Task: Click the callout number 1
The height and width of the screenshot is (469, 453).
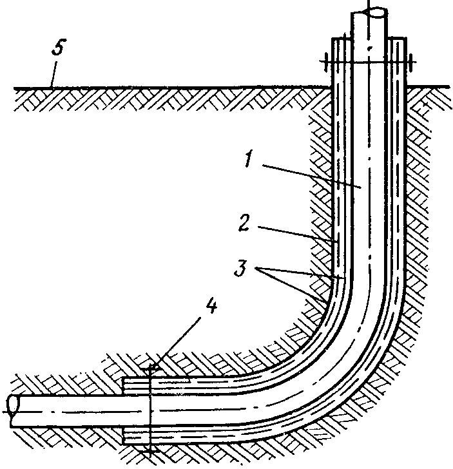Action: click(248, 159)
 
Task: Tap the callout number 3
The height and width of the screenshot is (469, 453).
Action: click(241, 268)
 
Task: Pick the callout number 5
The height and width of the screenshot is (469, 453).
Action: click(59, 47)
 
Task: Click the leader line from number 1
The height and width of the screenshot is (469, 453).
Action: click(312, 176)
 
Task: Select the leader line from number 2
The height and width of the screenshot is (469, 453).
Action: click(298, 234)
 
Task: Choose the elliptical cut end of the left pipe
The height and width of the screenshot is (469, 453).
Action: click(13, 405)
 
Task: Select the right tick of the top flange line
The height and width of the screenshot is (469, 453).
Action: click(411, 62)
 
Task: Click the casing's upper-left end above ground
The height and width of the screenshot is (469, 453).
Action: click(341, 38)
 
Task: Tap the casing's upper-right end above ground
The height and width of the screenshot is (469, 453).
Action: click(398, 38)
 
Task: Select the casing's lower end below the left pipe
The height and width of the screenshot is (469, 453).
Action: click(124, 436)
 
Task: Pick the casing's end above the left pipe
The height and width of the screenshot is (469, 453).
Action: click(124, 387)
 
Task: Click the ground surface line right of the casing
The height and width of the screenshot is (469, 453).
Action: click(428, 87)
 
